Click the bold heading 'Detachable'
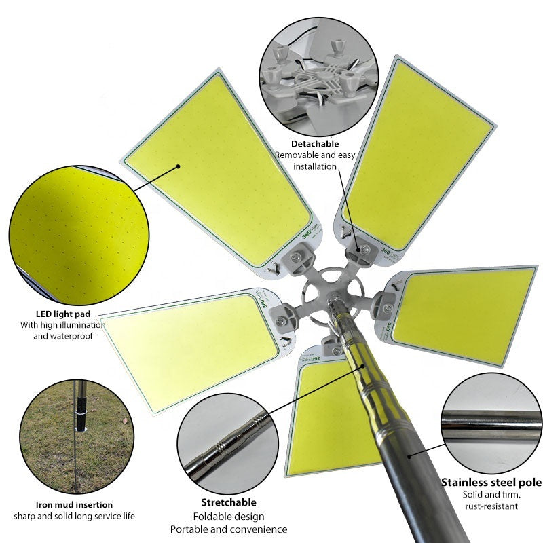click(315, 144)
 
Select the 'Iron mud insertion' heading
click(74, 504)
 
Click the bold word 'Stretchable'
click(229, 502)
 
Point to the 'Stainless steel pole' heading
click(491, 483)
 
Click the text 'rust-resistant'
click(491, 506)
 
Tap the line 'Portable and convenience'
click(229, 529)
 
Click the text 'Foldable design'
click(229, 517)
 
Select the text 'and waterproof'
click(63, 336)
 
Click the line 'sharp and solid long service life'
click(75, 516)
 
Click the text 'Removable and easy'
click(315, 155)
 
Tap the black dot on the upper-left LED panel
click(179, 166)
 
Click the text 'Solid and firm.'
click(491, 494)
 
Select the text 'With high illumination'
click(63, 325)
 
